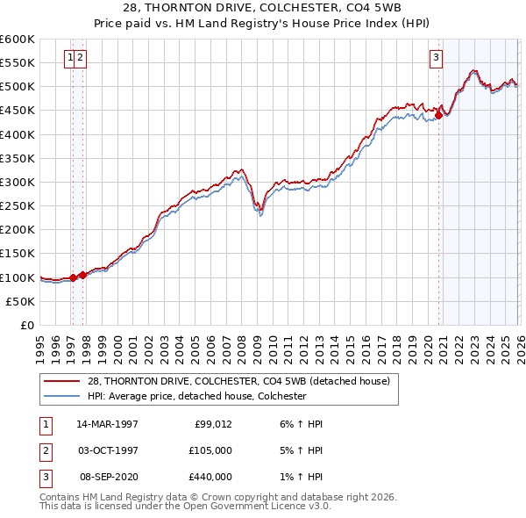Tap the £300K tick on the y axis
[x=18, y=182]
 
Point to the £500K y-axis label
[x=18, y=87]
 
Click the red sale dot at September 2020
[x=438, y=114]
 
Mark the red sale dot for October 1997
[x=82, y=275]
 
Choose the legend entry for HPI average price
[x=195, y=396]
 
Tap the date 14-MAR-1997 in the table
[x=108, y=423]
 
